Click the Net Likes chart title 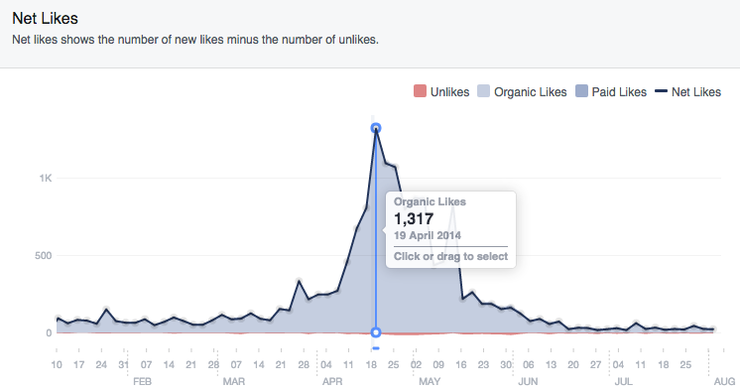pos(45,19)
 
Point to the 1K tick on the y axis pos(46,179)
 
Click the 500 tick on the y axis pos(43,256)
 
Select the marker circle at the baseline pos(376,332)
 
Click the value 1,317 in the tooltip pos(415,218)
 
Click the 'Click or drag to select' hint pos(450,256)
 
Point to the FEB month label pos(142,381)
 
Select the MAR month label pos(234,381)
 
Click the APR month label pos(332,381)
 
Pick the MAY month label pos(430,381)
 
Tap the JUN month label pos(527,381)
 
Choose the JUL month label pos(624,381)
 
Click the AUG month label pos(725,381)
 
